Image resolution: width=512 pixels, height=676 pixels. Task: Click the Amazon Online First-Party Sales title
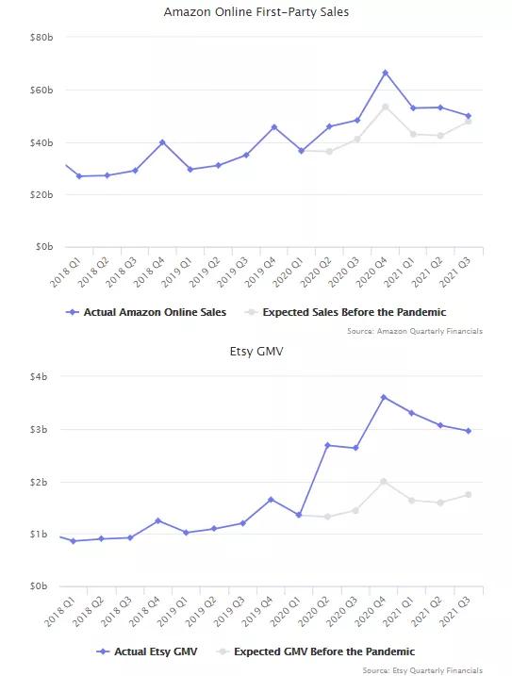click(256, 11)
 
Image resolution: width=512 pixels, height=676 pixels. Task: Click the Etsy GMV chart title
click(256, 352)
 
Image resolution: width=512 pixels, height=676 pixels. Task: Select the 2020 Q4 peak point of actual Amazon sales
click(386, 73)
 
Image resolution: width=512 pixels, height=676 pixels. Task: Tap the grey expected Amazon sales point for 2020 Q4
click(386, 107)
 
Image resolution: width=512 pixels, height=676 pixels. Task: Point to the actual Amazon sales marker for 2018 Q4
click(162, 142)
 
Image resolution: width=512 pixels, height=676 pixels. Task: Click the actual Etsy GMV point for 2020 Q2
click(327, 445)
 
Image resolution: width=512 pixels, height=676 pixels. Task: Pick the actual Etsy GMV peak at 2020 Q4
click(384, 397)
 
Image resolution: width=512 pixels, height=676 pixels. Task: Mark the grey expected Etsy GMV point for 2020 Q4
click(384, 482)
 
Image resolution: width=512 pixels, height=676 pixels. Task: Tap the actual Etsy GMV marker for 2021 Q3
click(469, 431)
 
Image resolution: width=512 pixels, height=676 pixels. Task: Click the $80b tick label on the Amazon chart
click(41, 38)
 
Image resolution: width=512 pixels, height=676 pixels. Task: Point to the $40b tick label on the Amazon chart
click(41, 142)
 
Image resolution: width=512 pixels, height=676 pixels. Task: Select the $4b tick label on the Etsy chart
click(39, 377)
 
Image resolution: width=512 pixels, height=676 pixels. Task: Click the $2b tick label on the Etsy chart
click(39, 482)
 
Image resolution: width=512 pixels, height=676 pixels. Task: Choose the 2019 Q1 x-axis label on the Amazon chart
click(177, 272)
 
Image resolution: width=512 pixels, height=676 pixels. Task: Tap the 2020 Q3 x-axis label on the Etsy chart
click(341, 611)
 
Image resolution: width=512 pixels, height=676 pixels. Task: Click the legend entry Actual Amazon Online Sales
click(146, 312)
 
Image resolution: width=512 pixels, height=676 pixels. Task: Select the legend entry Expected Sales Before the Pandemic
click(345, 312)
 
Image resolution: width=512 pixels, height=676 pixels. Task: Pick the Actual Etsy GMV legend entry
click(147, 651)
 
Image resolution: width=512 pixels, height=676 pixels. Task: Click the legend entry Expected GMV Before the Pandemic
click(316, 651)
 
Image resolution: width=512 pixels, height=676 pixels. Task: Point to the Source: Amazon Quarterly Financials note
click(415, 331)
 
